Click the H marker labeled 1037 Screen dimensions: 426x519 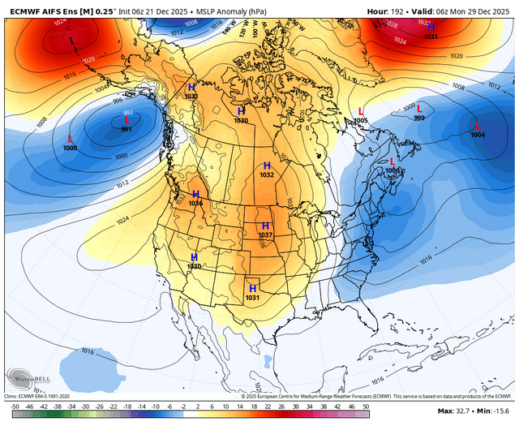tap(265, 225)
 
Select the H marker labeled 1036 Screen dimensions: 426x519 tap(195, 194)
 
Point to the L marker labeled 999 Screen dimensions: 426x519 tap(419, 109)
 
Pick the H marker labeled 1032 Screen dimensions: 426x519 tap(267, 165)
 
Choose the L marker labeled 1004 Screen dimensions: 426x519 tap(478, 125)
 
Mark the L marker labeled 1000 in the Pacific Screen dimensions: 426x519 tap(71, 139)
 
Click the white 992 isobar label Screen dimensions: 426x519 tap(128, 113)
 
